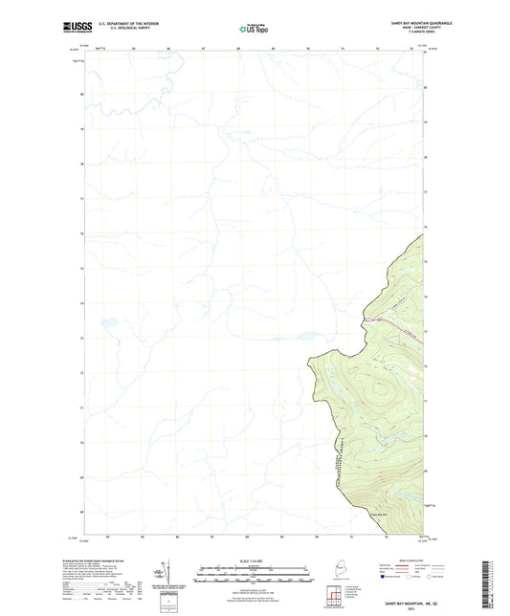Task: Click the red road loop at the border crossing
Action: [367, 317]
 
